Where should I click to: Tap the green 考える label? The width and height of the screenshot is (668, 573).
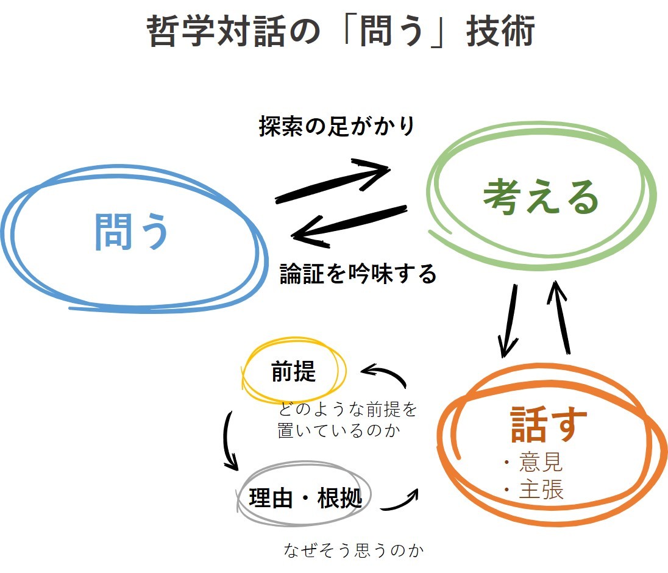[541, 196]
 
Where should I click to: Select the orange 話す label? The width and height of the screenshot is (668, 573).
[549, 423]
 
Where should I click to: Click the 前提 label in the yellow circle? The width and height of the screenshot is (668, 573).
[294, 371]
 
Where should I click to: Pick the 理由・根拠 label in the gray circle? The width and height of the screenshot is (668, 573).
[305, 497]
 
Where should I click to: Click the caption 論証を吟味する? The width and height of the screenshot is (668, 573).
[358, 274]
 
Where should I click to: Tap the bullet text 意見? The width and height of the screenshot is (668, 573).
[541, 462]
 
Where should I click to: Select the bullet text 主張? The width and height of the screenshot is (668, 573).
[541, 489]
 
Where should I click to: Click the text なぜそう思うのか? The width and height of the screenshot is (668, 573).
[354, 550]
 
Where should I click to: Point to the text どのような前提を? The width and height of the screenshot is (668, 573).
[347, 409]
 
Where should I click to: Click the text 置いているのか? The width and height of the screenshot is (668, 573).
[339, 430]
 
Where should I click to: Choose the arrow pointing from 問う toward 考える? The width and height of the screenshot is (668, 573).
[333, 182]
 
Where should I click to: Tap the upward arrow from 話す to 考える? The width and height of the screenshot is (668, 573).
[560, 318]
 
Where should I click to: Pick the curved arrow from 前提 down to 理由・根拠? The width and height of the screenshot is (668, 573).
[227, 441]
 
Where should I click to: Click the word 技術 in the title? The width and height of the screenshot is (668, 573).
[500, 30]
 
